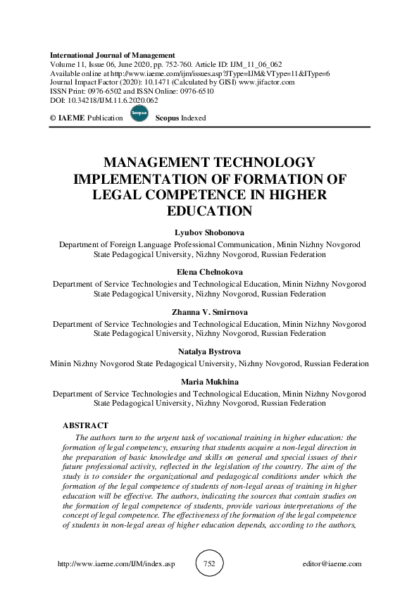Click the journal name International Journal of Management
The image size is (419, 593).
[x=112, y=55]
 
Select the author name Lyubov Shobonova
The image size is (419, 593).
[x=209, y=234]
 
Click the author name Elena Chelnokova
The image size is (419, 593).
[x=209, y=273]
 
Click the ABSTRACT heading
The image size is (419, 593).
[x=85, y=426]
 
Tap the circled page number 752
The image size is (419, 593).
[x=209, y=563]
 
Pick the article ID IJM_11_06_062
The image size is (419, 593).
[x=262, y=64]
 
